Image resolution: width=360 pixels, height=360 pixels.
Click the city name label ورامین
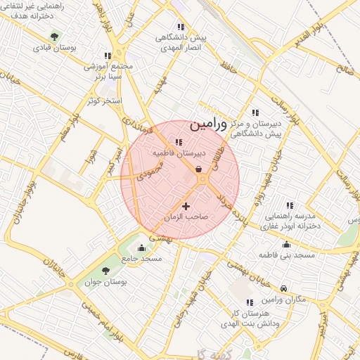tap(209, 124)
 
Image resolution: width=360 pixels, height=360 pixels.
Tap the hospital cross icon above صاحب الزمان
tap(186, 206)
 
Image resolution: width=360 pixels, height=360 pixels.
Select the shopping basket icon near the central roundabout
tap(199, 169)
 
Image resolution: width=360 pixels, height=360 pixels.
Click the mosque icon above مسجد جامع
tap(141, 247)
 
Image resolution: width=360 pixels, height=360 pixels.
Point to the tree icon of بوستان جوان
tap(106, 270)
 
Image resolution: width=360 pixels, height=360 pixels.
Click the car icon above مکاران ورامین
tap(283, 289)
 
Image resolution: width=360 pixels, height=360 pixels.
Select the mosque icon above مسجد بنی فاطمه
tap(286, 245)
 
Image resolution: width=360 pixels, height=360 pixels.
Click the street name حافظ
tap(224, 68)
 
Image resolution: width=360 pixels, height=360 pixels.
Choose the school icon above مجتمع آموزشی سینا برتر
tap(108, 55)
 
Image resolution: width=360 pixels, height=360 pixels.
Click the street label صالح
tap(345, 70)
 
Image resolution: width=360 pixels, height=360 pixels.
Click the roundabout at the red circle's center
tap(202, 180)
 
